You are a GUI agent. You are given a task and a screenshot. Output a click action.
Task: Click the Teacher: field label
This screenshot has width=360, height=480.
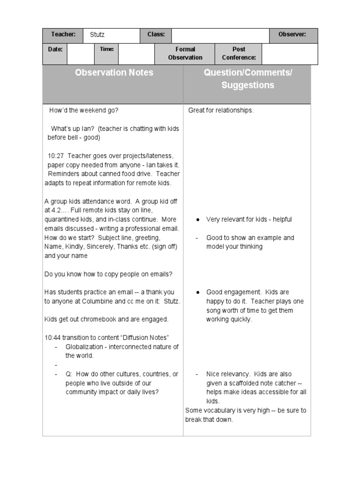point(63,35)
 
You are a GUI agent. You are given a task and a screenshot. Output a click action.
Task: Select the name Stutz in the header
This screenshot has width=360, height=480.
point(97,35)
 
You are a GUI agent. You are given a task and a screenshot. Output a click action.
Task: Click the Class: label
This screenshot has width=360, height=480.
point(156,35)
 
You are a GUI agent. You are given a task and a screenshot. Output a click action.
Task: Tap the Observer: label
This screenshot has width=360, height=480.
point(292,35)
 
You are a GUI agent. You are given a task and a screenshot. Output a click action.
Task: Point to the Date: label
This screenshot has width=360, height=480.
point(55,49)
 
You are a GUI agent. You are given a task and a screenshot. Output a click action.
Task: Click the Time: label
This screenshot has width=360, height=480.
point(106,49)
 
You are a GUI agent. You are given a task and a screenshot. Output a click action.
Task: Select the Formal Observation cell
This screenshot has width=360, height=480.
point(185,53)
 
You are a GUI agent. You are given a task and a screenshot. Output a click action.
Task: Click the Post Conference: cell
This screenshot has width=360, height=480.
point(239,53)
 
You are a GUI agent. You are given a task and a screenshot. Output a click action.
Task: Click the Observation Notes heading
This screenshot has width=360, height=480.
point(114,73)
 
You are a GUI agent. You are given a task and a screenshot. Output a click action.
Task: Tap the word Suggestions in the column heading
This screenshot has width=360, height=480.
point(247,85)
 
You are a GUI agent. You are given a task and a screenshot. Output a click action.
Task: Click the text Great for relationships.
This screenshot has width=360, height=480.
point(221,111)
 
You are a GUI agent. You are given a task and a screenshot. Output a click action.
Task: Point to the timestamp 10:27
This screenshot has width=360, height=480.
point(55,156)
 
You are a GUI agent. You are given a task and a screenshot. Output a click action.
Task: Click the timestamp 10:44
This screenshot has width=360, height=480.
point(52,338)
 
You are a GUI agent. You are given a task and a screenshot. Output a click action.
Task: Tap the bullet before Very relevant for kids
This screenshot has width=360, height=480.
point(199,220)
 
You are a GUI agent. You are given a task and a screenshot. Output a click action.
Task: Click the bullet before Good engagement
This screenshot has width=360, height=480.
point(199,292)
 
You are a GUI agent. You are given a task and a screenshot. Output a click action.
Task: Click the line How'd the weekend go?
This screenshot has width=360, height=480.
point(84,111)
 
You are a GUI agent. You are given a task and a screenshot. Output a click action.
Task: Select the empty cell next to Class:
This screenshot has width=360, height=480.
point(220,36)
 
